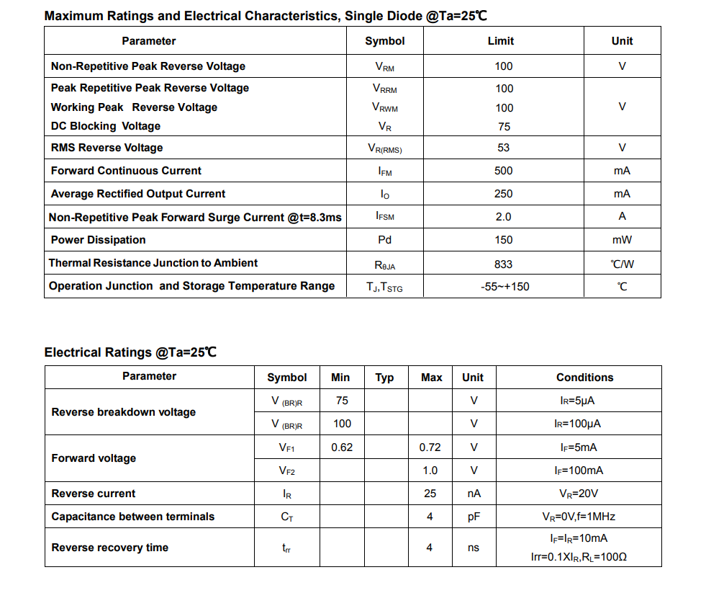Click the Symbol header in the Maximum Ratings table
(x=384, y=41)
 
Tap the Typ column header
(x=384, y=378)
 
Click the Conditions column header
(x=584, y=378)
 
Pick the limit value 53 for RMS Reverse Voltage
(x=503, y=148)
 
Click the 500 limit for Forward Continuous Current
(x=503, y=171)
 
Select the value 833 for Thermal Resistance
(x=503, y=264)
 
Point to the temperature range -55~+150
(x=504, y=287)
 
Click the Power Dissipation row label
(x=98, y=240)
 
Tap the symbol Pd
(x=384, y=240)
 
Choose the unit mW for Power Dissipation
(x=622, y=240)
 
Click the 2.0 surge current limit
(x=503, y=217)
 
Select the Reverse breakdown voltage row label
(x=123, y=412)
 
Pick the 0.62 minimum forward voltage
(x=342, y=447)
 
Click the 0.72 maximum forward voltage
(x=430, y=447)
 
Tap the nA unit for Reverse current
(x=473, y=494)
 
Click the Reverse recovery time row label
(x=109, y=548)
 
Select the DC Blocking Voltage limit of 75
(x=504, y=127)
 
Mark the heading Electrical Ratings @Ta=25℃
(x=130, y=352)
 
